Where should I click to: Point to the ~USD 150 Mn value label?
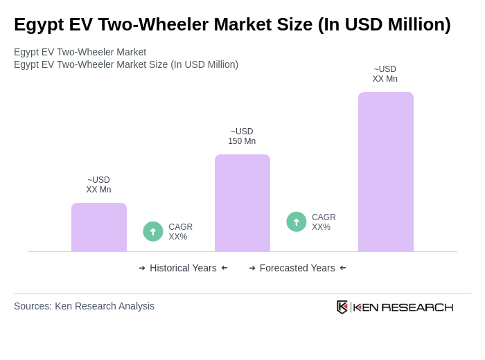tap(242, 136)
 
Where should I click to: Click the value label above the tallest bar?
tap(385, 74)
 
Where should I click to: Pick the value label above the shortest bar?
tap(98, 185)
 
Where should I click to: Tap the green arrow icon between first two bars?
tap(153, 231)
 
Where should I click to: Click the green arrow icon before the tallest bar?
tap(297, 222)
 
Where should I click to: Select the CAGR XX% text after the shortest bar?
tap(180, 232)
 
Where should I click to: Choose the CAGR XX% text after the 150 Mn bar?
tap(324, 222)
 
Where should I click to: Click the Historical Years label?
tap(183, 268)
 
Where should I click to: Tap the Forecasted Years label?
tap(297, 268)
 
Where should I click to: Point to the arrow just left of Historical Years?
tap(142, 268)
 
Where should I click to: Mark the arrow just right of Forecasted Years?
tap(343, 268)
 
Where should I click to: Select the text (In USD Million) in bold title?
tap(384, 24)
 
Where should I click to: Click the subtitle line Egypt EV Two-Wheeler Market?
tap(80, 52)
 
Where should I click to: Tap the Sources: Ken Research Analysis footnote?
tap(84, 306)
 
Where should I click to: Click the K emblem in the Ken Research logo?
tap(342, 307)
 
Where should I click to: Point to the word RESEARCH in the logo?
tap(417, 307)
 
